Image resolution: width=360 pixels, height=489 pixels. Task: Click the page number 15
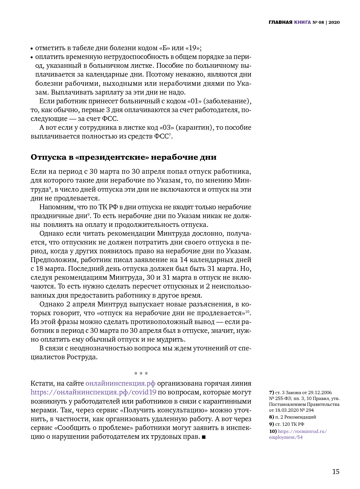(336, 472)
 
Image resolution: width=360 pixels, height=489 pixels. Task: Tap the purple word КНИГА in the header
(302, 22)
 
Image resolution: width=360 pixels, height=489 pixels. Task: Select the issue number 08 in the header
(321, 22)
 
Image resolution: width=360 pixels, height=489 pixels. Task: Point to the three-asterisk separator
(141, 374)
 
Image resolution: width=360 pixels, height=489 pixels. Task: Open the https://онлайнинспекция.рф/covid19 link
(94, 393)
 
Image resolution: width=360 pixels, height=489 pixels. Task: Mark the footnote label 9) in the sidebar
(271, 424)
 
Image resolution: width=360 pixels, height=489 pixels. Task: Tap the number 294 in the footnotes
(310, 410)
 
